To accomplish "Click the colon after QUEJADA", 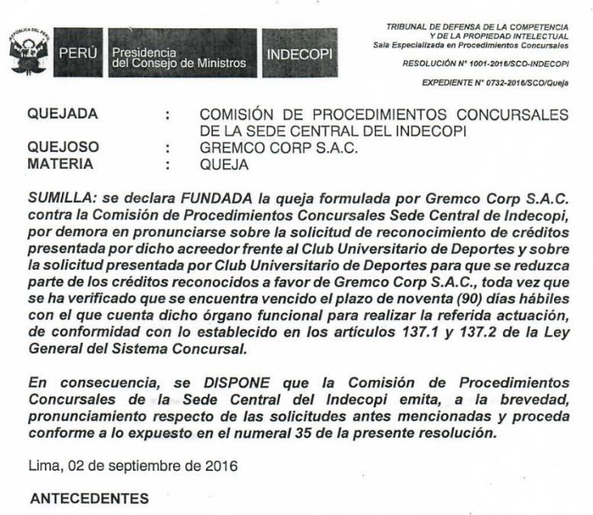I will tap(167, 115).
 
